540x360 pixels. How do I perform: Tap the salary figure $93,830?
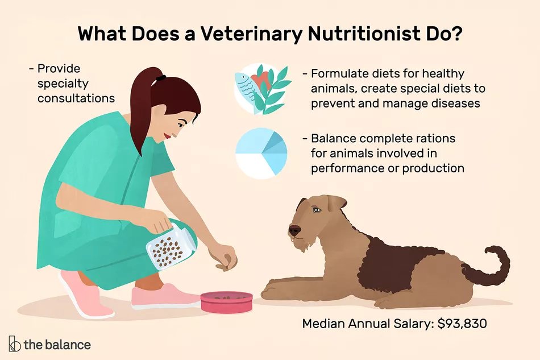tap(462, 324)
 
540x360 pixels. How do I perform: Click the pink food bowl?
tap(227, 302)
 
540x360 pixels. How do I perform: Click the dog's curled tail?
tap(489, 265)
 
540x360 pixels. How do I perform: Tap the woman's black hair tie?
tap(160, 78)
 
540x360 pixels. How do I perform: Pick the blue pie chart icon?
tap(261, 154)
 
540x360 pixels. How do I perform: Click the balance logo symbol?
tap(14, 344)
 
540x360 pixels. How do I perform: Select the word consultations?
tap(76, 98)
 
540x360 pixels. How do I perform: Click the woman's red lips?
tap(167, 136)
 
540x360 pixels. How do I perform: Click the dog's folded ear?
tap(336, 203)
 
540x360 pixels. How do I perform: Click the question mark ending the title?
tap(456, 34)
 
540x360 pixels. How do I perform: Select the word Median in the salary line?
tap(323, 324)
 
